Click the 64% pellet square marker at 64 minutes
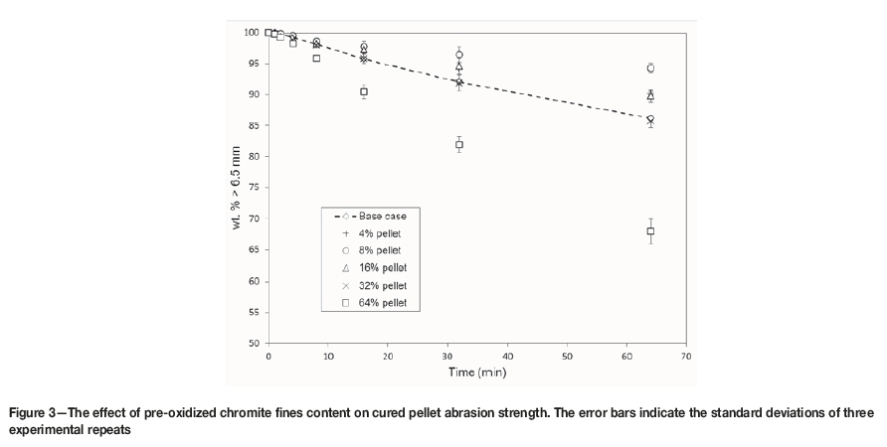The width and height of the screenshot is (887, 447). pyautogui.click(x=650, y=231)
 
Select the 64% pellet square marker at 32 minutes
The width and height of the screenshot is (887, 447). pyautogui.click(x=459, y=144)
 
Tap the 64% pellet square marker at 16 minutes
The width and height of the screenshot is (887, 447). pyautogui.click(x=364, y=91)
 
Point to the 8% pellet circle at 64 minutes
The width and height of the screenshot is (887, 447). pyautogui.click(x=650, y=69)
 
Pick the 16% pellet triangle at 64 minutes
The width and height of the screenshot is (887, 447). pyautogui.click(x=650, y=95)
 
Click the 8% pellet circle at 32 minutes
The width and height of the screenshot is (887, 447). pyautogui.click(x=459, y=55)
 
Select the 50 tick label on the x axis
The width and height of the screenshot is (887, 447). pyautogui.click(x=567, y=357)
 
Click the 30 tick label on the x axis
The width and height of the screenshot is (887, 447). pyautogui.click(x=447, y=357)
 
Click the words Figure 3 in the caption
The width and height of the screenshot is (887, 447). pyautogui.click(x=36, y=411)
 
